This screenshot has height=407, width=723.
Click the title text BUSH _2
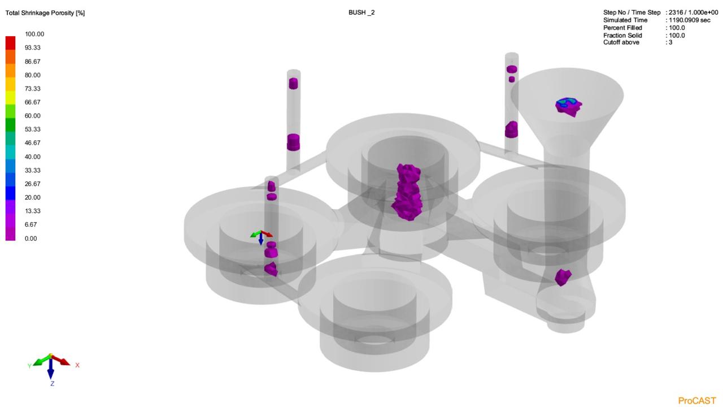pos(361,12)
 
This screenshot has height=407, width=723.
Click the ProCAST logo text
pos(697,401)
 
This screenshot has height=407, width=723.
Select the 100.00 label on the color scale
pos(34,34)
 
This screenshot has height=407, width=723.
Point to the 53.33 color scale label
pos(33,129)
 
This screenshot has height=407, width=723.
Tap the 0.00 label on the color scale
pos(31,239)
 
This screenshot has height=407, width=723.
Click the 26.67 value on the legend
pos(33,184)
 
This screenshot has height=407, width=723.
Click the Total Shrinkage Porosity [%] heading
pos(45,13)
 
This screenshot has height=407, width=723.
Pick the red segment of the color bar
pos(10,43)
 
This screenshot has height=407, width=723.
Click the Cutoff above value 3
pos(670,42)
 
